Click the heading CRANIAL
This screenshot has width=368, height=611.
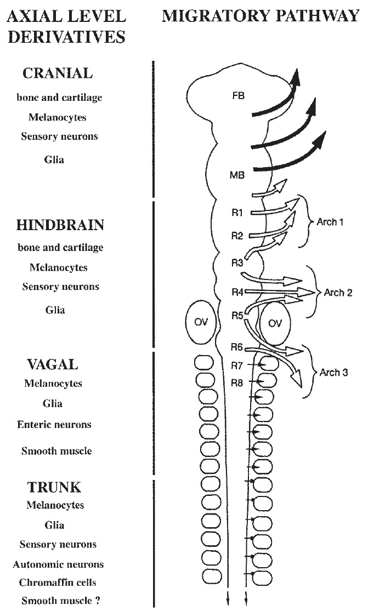(58, 74)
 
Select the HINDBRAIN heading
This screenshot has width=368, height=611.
(60, 225)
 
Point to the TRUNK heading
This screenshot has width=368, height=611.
(54, 486)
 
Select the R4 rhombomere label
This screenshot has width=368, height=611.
(237, 293)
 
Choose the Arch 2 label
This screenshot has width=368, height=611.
(338, 293)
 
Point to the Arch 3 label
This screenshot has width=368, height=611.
(333, 374)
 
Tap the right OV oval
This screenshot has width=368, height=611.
(275, 323)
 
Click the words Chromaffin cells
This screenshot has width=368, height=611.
(54, 583)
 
